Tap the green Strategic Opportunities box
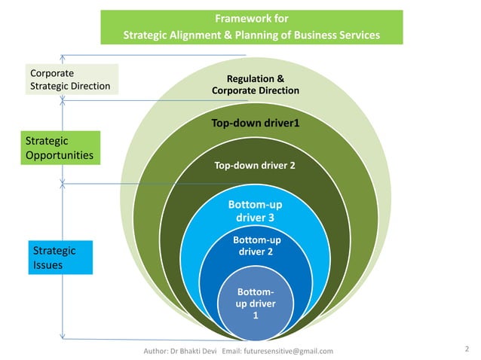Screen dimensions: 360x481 point(60,148)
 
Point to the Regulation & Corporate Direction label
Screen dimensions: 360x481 point(256,84)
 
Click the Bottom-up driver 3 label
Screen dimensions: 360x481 point(255,211)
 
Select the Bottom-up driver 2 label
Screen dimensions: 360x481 point(255,246)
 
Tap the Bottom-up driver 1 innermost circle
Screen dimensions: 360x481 point(256,304)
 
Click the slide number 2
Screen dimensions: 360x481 point(467,348)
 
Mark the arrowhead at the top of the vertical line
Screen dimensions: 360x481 point(63,55)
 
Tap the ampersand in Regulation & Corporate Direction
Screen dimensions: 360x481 point(280,78)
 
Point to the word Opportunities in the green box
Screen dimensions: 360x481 point(60,155)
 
